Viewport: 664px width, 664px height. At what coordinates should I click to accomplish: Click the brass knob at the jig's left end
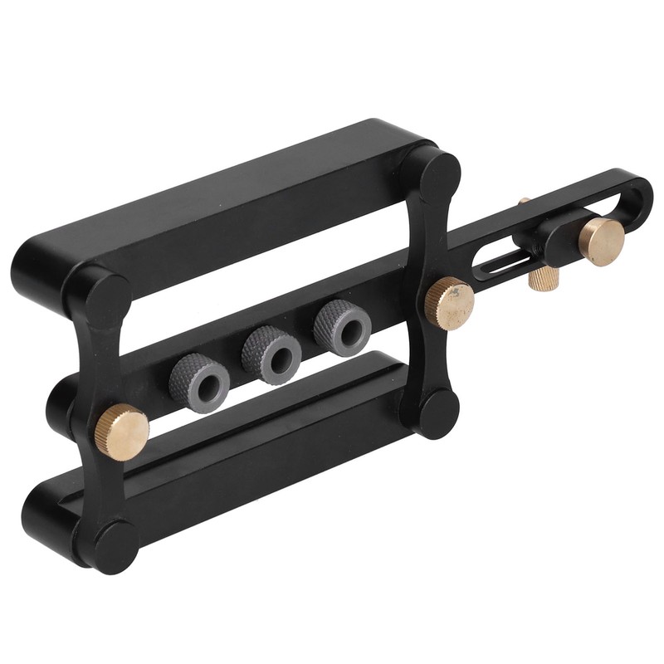coord(121,430)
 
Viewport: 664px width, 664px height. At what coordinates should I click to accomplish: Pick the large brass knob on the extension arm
coord(602,241)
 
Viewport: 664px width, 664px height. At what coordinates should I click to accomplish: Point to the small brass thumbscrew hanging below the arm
coord(541,275)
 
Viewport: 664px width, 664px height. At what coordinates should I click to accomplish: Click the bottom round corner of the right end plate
coord(437,414)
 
